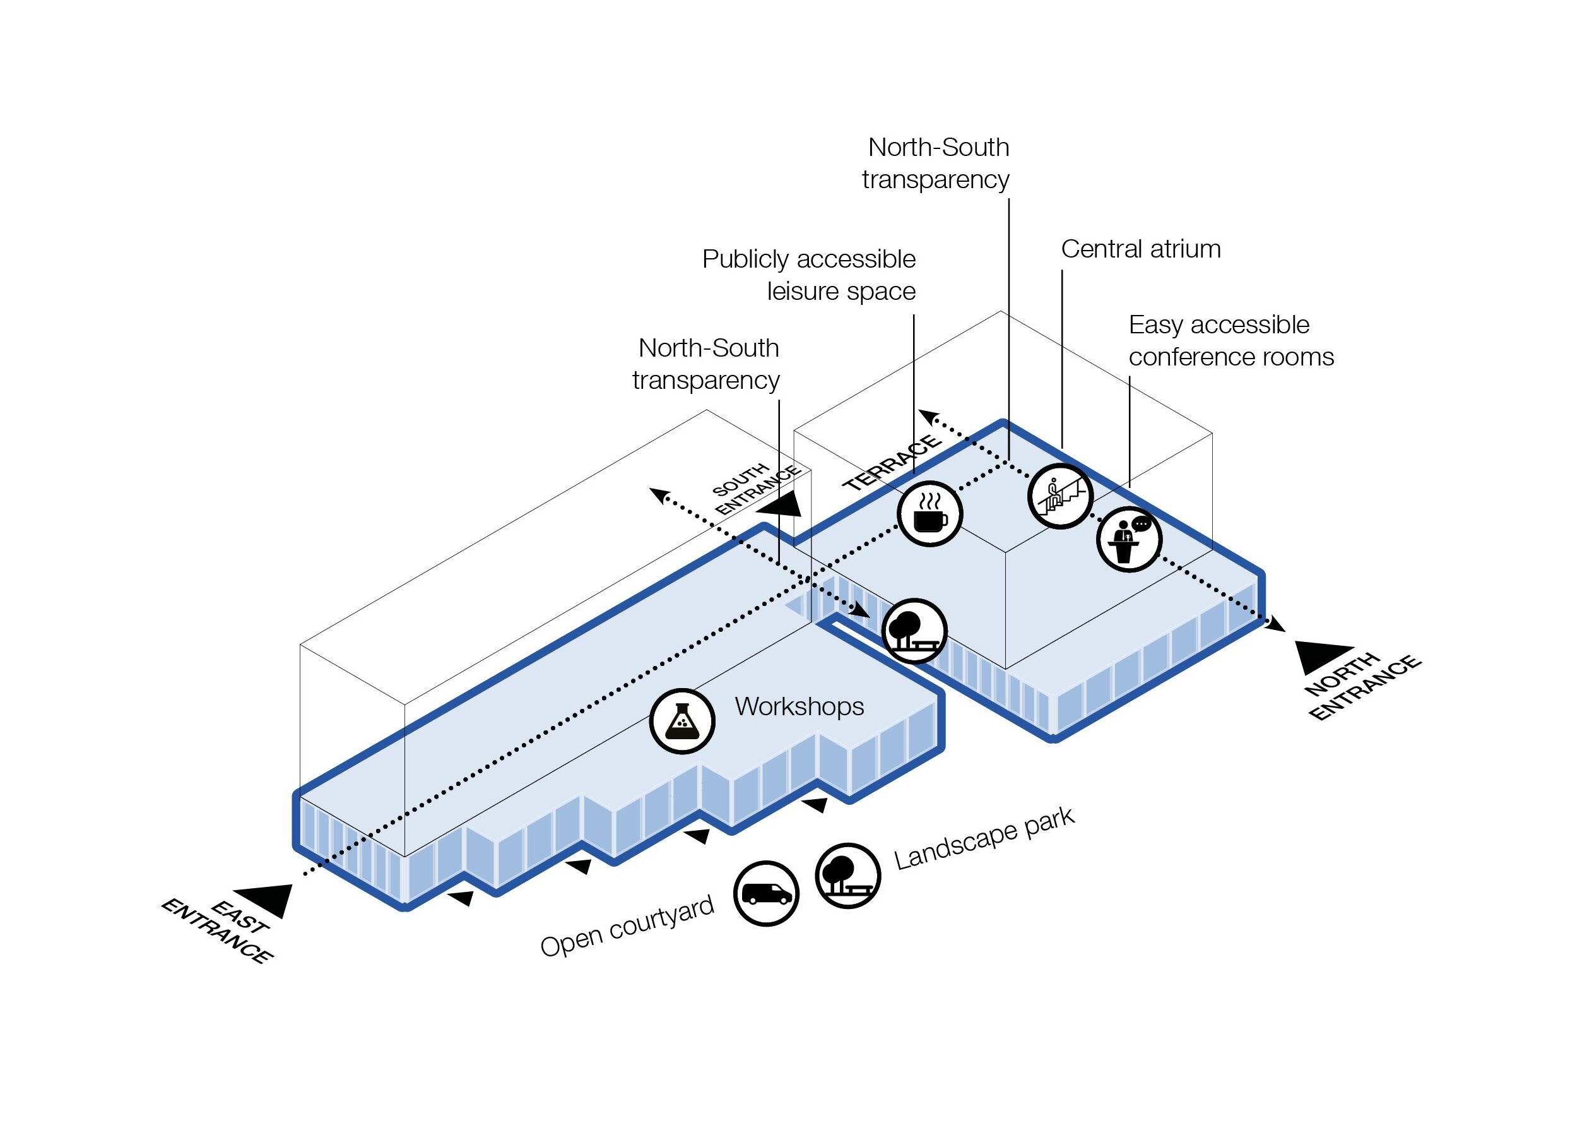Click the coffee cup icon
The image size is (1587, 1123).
pyautogui.click(x=929, y=514)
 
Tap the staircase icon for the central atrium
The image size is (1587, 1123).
pyautogui.click(x=1059, y=496)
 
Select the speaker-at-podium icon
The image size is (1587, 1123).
pyautogui.click(x=1129, y=539)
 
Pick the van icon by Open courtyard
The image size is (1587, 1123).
pyautogui.click(x=766, y=893)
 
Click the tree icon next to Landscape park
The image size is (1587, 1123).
pyautogui.click(x=848, y=876)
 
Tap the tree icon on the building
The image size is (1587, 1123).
pyautogui.click(x=914, y=631)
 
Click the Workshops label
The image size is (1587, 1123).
pyautogui.click(x=799, y=707)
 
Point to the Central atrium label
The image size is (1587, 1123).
pyautogui.click(x=1140, y=249)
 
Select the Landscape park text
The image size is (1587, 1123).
pyautogui.click(x=984, y=839)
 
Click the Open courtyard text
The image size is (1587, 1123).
pyautogui.click(x=627, y=927)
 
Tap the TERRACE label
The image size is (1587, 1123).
pyautogui.click(x=892, y=463)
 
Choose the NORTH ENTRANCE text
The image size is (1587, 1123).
pyautogui.click(x=1362, y=687)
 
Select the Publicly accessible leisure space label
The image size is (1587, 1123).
pyautogui.click(x=809, y=275)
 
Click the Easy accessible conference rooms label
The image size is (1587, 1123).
pyautogui.click(x=1230, y=341)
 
